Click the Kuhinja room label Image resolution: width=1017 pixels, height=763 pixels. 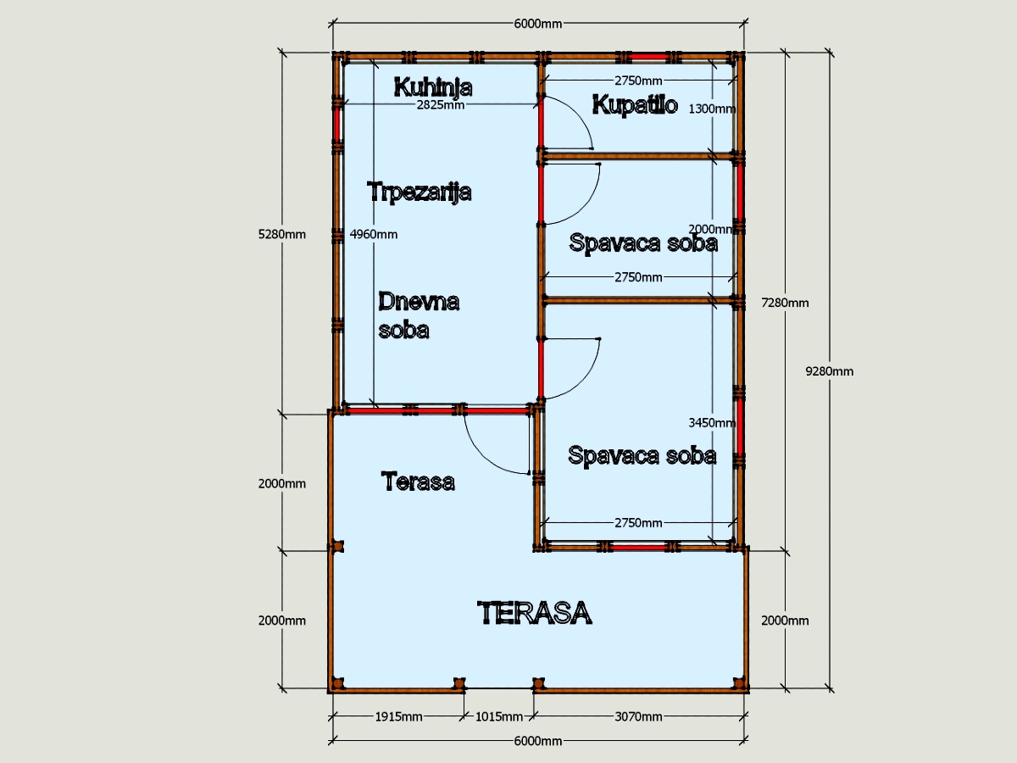(x=433, y=87)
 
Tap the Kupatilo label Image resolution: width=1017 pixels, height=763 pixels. (x=635, y=104)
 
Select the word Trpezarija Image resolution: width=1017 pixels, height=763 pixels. (x=419, y=192)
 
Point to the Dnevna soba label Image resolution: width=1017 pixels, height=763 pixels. (x=419, y=315)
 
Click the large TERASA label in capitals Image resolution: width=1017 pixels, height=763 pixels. (x=534, y=613)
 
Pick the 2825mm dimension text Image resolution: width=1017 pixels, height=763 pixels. (x=440, y=105)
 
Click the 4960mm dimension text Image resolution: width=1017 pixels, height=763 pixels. (x=374, y=235)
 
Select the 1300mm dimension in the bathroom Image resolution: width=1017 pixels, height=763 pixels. (x=712, y=109)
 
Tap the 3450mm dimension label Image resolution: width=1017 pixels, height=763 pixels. (x=712, y=422)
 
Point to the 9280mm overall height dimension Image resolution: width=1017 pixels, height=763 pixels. (x=830, y=371)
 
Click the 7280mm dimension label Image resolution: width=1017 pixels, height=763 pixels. (x=785, y=303)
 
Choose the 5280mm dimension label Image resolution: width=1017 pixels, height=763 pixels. (x=281, y=235)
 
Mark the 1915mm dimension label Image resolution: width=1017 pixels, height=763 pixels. (x=398, y=717)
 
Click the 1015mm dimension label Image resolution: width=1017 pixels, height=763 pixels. (x=499, y=717)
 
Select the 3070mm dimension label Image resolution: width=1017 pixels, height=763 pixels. (x=638, y=717)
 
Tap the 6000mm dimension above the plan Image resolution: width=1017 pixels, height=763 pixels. (x=538, y=24)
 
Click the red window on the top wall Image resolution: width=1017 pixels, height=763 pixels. (x=648, y=57)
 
